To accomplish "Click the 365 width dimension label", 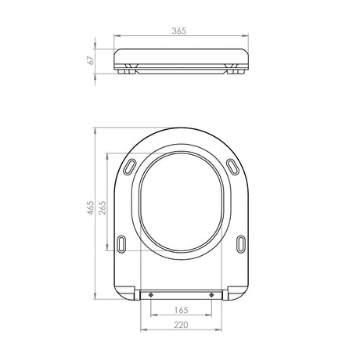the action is [179, 31].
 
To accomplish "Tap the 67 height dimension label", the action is [91, 60].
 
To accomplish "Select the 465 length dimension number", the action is [90, 207].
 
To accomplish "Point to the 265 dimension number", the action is [103, 207].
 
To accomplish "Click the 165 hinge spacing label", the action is [182, 310].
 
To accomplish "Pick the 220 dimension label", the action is [181, 325].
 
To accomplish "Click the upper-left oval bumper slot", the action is [129, 167].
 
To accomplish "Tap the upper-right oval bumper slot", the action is [232, 167].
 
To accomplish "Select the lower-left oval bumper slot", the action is [121, 244].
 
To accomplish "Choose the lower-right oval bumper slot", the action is [241, 244].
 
